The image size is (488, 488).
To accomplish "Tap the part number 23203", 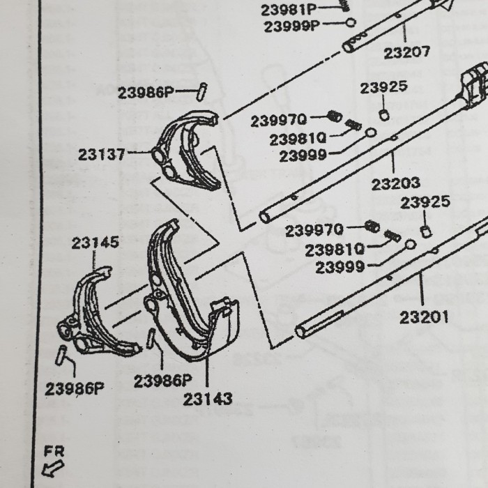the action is click(x=395, y=184).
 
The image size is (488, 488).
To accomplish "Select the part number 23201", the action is click(x=424, y=319).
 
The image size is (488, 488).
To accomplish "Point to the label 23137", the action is click(x=102, y=155).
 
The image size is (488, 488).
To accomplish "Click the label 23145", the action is click(x=95, y=243).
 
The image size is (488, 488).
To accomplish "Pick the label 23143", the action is click(x=208, y=399).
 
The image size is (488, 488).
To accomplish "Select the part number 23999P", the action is click(x=291, y=26).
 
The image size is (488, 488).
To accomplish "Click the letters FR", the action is click(x=53, y=451).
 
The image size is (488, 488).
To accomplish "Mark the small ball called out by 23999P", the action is click(x=351, y=22).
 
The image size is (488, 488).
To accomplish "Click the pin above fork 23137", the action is click(x=202, y=91).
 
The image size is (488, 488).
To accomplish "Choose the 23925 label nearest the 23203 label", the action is click(x=384, y=89).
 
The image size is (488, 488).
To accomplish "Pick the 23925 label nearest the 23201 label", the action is click(x=425, y=203).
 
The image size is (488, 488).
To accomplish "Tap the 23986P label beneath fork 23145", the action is click(x=74, y=389).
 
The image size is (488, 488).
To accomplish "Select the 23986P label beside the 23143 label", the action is click(x=162, y=381).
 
